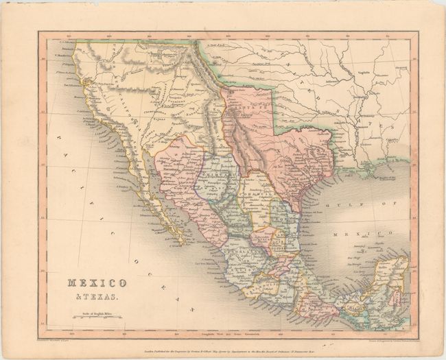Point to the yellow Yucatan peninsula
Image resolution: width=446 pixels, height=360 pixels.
[388, 274]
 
